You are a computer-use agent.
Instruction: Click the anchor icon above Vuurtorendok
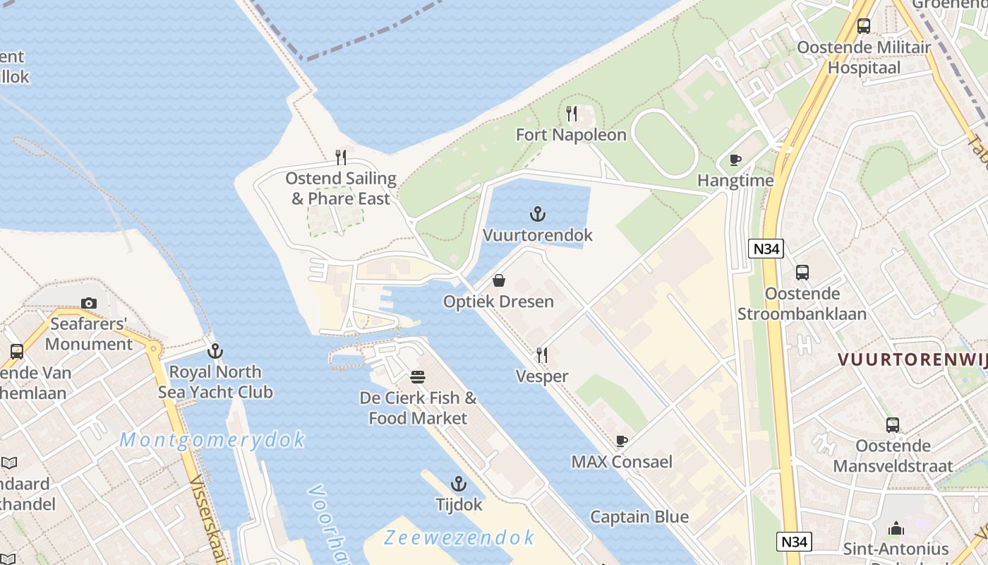(538, 214)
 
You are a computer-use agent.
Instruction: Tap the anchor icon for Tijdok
(459, 484)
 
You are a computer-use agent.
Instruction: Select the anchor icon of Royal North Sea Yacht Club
(215, 351)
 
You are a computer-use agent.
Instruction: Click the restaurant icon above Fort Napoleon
(572, 114)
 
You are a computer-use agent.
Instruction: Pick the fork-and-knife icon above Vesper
(542, 355)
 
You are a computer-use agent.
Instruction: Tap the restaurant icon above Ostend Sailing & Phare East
(341, 157)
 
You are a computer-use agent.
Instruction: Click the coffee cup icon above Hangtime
(735, 160)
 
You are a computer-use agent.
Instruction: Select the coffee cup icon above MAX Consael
(621, 441)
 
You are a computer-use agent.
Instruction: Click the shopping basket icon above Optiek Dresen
(499, 280)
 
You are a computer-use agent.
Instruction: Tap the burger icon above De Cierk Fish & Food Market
(418, 377)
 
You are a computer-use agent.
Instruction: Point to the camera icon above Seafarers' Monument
(89, 303)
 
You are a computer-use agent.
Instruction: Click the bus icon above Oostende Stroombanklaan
(802, 273)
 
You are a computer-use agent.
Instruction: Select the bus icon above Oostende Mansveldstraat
(893, 425)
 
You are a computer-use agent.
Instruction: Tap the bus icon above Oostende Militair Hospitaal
(864, 26)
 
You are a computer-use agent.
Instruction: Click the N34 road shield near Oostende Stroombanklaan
(766, 249)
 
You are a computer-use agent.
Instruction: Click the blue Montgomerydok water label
(212, 440)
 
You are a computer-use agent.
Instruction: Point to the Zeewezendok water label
(459, 537)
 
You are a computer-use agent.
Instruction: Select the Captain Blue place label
(639, 517)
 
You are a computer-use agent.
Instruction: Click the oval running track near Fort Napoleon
(664, 143)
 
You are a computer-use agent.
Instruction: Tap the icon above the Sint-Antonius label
(896, 528)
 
